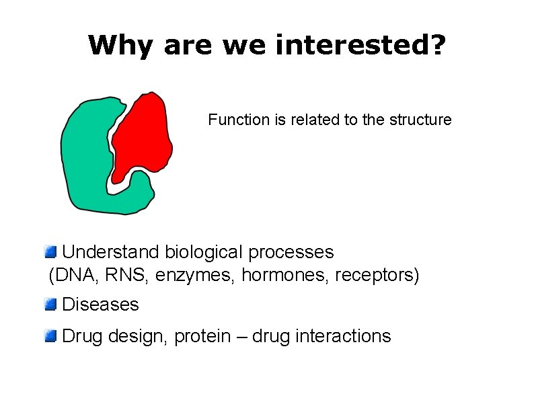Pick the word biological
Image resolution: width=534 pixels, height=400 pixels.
pyautogui.click(x=204, y=252)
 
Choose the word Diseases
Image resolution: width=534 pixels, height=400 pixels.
pyautogui.click(x=100, y=305)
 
